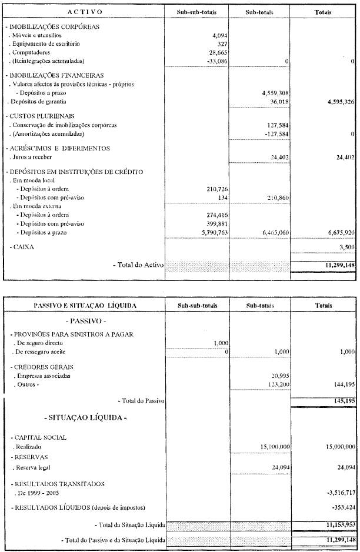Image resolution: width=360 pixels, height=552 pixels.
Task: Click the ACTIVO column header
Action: point(84,12)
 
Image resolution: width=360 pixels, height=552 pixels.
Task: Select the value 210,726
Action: point(216,189)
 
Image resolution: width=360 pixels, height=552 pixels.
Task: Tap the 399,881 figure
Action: point(216,223)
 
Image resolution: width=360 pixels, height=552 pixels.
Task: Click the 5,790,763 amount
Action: point(214,232)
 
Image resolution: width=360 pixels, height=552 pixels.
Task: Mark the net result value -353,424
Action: point(341,507)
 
